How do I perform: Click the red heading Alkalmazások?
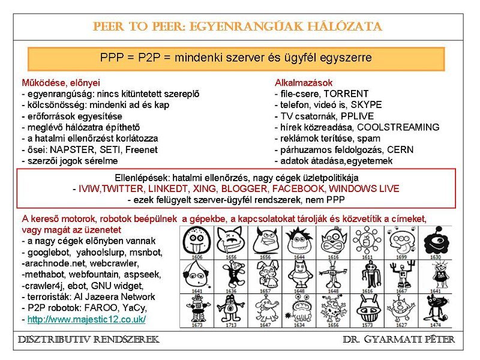(304, 82)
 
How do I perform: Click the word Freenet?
(142, 149)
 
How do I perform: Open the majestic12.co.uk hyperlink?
(86, 319)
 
